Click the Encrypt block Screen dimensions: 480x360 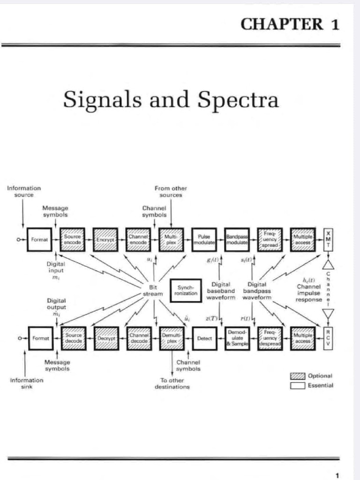tap(105, 239)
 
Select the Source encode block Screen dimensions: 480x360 tap(73, 239)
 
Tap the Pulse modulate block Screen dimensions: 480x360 tap(204, 239)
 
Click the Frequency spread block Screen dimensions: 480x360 tap(270, 239)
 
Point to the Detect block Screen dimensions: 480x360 tap(204, 338)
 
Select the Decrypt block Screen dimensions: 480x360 tap(106, 338)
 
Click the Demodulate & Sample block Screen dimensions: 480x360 tap(237, 338)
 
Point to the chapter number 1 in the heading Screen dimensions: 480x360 tap(335, 25)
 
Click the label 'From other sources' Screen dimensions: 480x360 tap(171, 191)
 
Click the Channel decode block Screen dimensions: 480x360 tap(139, 338)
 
